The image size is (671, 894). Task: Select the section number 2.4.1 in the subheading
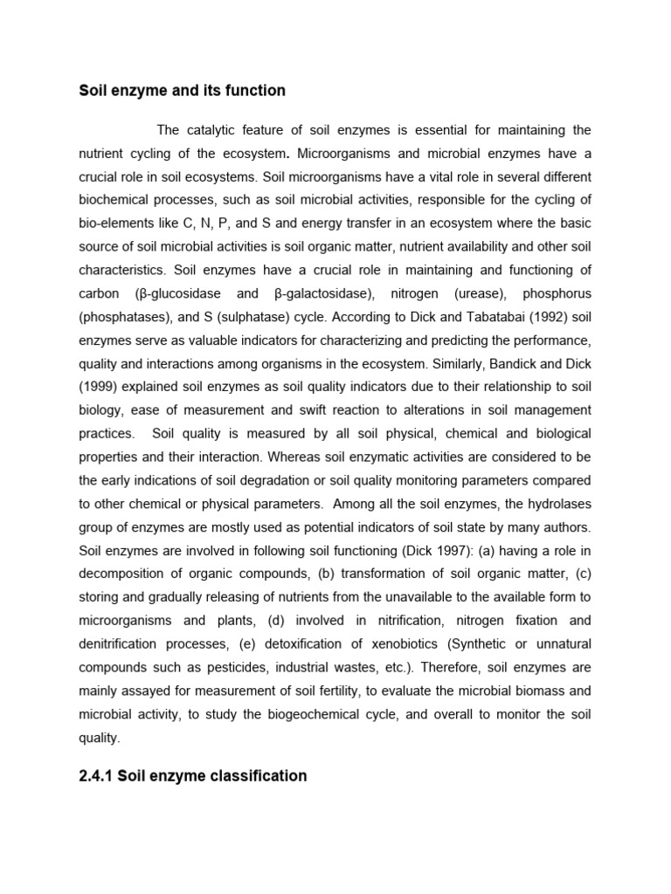coord(96,775)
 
